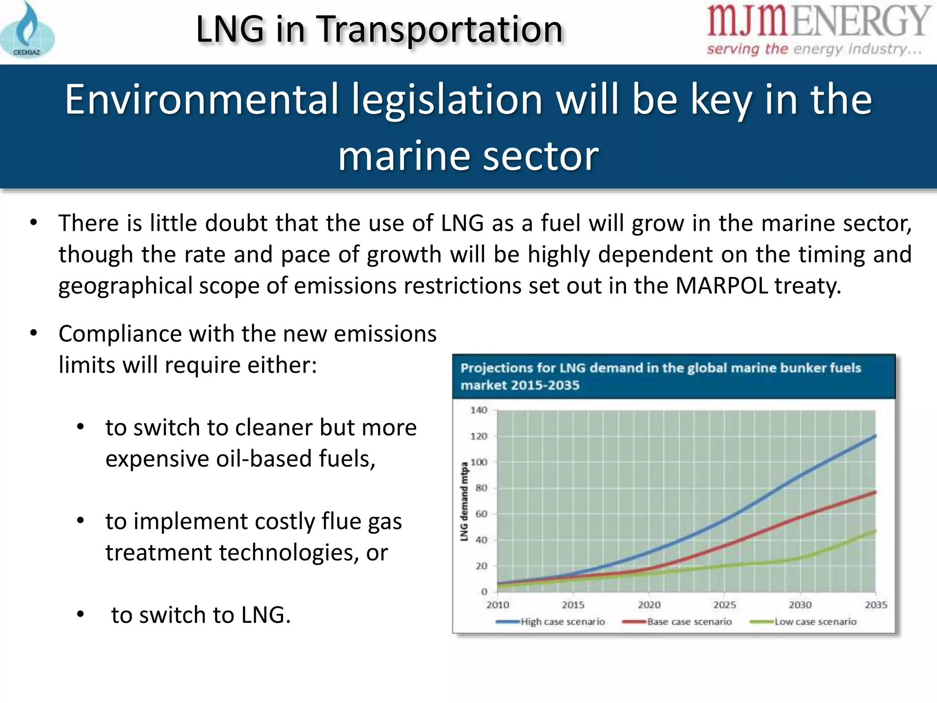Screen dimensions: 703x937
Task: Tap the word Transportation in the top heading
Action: pyautogui.click(x=440, y=30)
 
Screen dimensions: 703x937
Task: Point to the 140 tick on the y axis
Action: pyautogui.click(x=479, y=410)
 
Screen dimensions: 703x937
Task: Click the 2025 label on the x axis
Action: pyautogui.click(x=725, y=605)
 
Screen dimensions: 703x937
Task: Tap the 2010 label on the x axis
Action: pyautogui.click(x=497, y=605)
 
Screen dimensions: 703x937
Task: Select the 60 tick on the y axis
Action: pyautogui.click(x=481, y=514)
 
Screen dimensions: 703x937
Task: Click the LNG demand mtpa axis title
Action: pyautogui.click(x=464, y=502)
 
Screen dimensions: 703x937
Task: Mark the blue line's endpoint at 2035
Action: pyautogui.click(x=875, y=436)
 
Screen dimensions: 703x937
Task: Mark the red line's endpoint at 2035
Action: pyautogui.click(x=875, y=492)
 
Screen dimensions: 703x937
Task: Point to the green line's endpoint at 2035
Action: pyautogui.click(x=875, y=531)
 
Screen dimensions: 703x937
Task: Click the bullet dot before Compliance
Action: pyautogui.click(x=33, y=334)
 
